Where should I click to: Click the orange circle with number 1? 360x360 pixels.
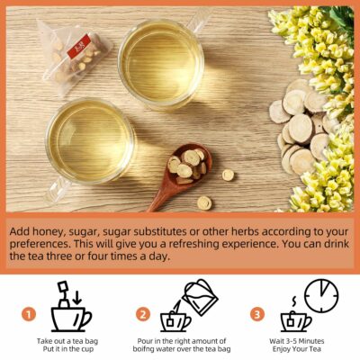click(x=29, y=315)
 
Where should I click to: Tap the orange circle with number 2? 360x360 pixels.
click(x=142, y=315)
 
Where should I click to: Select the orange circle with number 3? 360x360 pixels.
click(x=257, y=315)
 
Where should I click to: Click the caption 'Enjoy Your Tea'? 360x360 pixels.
click(x=293, y=351)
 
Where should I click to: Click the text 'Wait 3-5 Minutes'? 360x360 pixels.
click(x=293, y=342)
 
